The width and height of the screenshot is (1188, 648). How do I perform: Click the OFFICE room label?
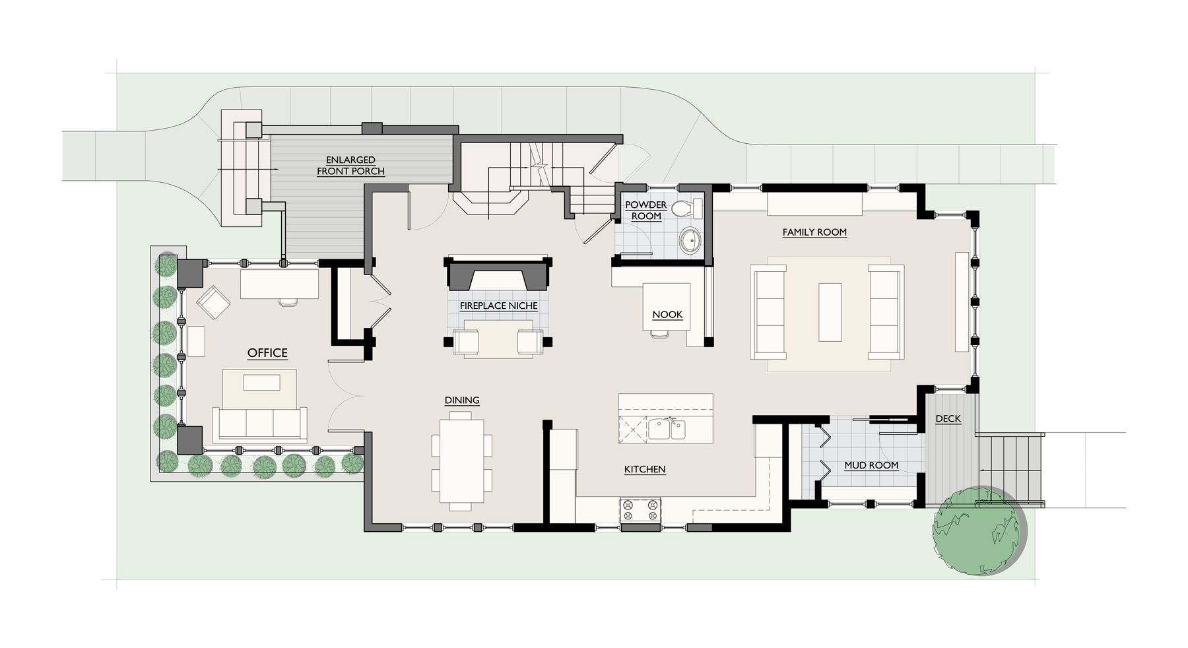(267, 353)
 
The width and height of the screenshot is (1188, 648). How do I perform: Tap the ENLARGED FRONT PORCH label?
(350, 166)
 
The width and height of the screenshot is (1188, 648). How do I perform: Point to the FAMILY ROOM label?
(814, 232)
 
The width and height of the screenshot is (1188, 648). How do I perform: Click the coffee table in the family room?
(830, 311)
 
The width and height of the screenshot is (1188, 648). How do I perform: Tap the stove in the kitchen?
(640, 510)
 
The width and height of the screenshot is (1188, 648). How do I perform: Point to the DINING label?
(462, 401)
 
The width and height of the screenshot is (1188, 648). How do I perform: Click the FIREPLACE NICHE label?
(498, 306)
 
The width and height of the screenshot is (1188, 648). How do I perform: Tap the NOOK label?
(667, 315)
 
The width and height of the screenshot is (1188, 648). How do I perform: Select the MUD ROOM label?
(871, 465)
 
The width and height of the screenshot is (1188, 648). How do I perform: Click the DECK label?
(948, 419)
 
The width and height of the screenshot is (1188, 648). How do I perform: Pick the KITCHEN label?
(645, 470)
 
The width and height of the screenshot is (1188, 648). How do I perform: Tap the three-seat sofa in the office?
(259, 424)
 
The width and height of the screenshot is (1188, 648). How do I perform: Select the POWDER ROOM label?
(646, 211)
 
